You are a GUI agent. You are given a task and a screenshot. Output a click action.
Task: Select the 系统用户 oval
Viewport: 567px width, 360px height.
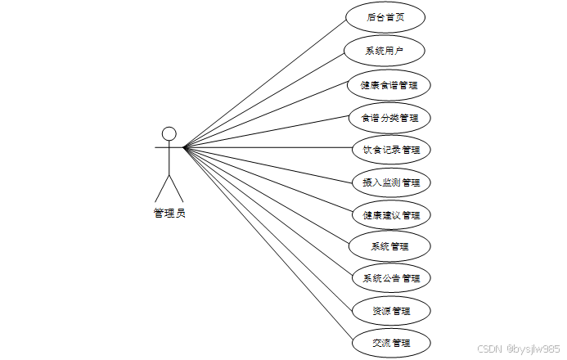385,51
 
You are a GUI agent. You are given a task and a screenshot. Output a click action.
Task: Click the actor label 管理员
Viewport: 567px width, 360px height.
169,214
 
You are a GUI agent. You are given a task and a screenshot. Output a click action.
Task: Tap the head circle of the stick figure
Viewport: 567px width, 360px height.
169,133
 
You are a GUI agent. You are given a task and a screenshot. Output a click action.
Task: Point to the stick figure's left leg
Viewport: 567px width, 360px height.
162,187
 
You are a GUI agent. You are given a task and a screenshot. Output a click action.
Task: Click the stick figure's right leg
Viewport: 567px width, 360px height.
178,187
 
